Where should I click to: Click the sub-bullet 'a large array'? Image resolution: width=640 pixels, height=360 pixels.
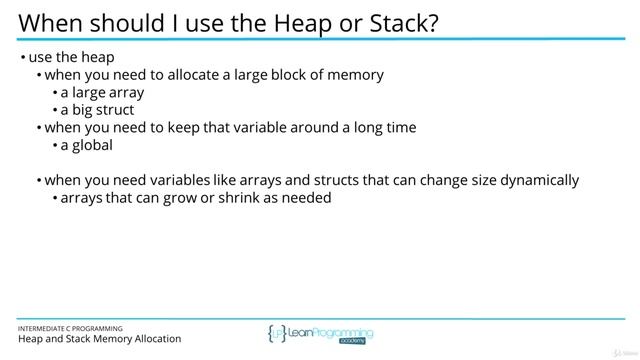coord(103,92)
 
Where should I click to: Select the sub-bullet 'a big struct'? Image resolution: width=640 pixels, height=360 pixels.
coord(97,110)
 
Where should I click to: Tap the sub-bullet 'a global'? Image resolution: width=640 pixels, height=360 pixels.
coord(86,145)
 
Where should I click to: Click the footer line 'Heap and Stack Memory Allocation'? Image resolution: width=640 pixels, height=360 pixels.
coord(99,339)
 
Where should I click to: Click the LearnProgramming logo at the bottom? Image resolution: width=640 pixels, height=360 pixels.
coord(320,333)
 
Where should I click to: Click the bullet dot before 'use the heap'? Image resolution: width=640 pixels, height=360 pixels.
coord(22,58)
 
